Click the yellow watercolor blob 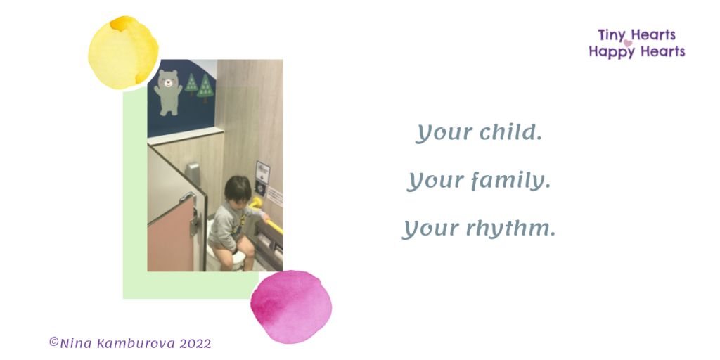click(123, 53)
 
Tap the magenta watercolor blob click(291, 307)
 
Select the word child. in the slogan click(510, 133)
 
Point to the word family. click(512, 181)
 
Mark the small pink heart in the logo click(628, 43)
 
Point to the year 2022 click(195, 343)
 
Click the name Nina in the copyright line click(76, 343)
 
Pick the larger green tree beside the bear click(205, 88)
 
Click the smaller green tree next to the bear click(191, 84)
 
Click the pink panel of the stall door click(171, 237)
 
